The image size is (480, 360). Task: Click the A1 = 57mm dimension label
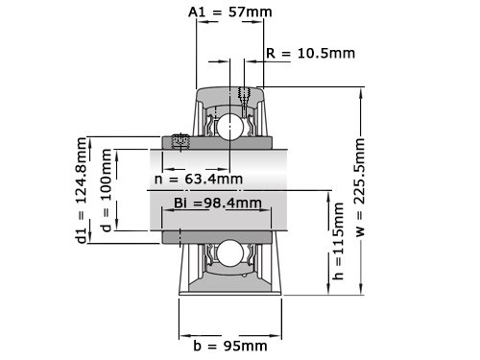click(x=230, y=12)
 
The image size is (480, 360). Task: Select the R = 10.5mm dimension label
click(x=310, y=53)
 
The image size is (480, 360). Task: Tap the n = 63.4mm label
click(x=199, y=179)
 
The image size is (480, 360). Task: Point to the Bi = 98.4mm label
click(x=218, y=203)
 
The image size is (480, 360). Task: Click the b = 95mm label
click(x=230, y=346)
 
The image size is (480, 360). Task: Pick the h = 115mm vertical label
click(x=338, y=241)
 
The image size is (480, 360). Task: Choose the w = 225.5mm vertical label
click(x=360, y=187)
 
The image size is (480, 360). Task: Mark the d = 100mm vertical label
click(x=106, y=190)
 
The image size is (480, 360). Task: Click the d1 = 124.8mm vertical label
click(x=82, y=190)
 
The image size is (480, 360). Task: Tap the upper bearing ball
click(x=229, y=126)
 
